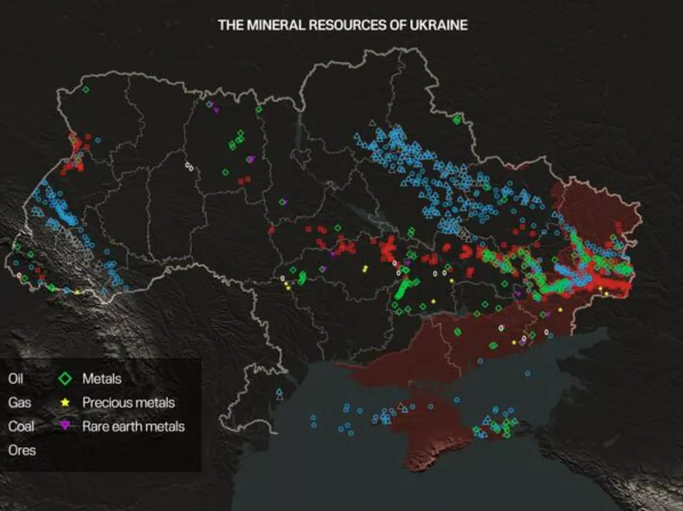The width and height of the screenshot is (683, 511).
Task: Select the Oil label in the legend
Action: pyautogui.click(x=15, y=378)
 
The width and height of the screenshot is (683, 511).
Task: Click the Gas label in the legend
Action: pyautogui.click(x=19, y=402)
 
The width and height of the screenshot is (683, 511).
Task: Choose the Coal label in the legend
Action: pyautogui.click(x=21, y=426)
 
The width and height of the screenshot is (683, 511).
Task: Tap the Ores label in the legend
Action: pyautogui.click(x=21, y=450)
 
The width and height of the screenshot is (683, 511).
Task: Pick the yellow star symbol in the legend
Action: pyautogui.click(x=65, y=402)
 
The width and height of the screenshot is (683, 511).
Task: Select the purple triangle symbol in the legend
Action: pyautogui.click(x=65, y=426)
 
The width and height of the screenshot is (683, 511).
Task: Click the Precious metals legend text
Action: pyautogui.click(x=128, y=402)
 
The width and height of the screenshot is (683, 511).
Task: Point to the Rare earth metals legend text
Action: pyautogui.click(x=133, y=426)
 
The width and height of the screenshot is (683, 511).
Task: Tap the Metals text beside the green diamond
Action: pyautogui.click(x=102, y=378)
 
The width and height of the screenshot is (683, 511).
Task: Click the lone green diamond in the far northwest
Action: pyautogui.click(x=86, y=90)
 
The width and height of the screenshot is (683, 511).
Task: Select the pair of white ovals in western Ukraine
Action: pyautogui.click(x=189, y=167)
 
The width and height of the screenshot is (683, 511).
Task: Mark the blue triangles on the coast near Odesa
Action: pyautogui.click(x=279, y=394)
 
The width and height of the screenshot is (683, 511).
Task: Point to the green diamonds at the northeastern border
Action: pyautogui.click(x=456, y=119)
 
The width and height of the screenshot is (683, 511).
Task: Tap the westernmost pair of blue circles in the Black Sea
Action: pyautogui.click(x=313, y=421)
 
